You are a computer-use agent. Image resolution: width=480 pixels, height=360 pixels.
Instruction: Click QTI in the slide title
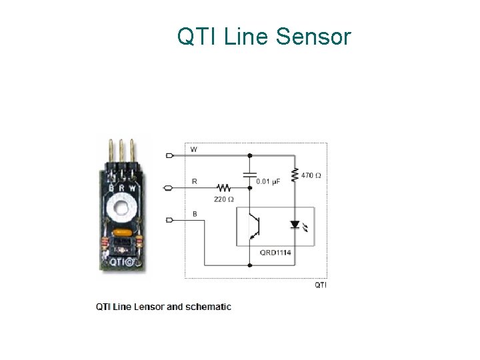[197, 37]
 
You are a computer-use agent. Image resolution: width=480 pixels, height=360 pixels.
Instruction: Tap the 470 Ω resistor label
[311, 175]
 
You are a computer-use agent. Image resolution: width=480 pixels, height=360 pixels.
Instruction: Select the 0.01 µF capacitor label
[269, 181]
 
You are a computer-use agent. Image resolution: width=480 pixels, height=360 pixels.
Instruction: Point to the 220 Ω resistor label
[223, 199]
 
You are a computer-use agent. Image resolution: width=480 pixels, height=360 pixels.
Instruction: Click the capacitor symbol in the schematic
[249, 174]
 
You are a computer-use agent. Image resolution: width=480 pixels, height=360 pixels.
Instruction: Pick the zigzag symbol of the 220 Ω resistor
[223, 188]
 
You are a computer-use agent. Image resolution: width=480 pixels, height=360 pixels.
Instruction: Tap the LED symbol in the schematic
[295, 225]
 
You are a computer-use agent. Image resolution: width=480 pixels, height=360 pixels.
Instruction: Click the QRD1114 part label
[275, 253]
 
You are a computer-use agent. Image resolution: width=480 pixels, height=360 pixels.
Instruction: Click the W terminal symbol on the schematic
[169, 155]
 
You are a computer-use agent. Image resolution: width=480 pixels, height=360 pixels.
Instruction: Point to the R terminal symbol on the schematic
[169, 188]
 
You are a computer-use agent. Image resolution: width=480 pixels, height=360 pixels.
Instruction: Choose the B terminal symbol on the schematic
[169, 220]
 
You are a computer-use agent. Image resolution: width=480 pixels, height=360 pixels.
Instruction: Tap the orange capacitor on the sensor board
[123, 233]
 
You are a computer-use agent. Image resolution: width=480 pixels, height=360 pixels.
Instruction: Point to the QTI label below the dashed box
[320, 285]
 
